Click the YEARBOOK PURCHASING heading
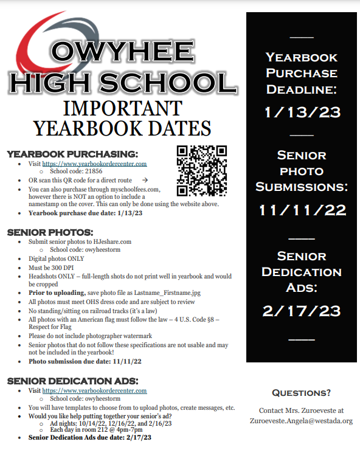(x=72, y=154)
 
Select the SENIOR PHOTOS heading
(x=50, y=232)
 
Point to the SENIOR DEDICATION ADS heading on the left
(x=72, y=381)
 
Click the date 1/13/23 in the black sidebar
(x=302, y=112)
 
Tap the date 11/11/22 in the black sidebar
(x=302, y=210)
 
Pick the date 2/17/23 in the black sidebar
(x=302, y=311)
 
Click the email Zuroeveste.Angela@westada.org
(x=301, y=420)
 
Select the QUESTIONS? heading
(x=301, y=393)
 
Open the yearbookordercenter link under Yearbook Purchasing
(x=94, y=164)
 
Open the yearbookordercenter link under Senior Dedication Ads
(x=94, y=391)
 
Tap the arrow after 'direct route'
(x=144, y=181)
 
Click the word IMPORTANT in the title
(x=122, y=108)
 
